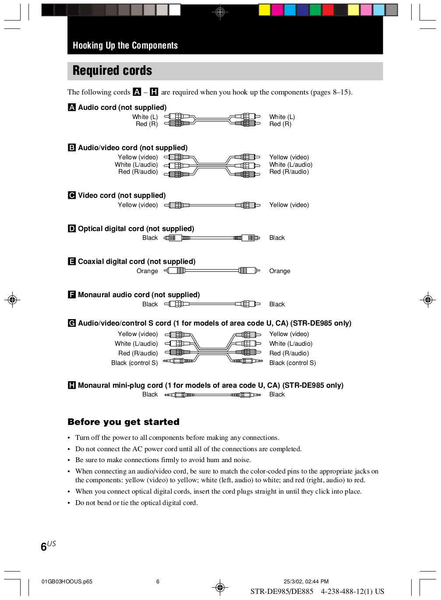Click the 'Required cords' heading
pyautogui.click(x=112, y=71)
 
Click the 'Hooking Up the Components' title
pyautogui.click(x=125, y=46)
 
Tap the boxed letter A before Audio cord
pyautogui.click(x=72, y=107)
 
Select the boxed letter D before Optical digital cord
pyautogui.click(x=72, y=228)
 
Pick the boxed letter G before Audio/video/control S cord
pyautogui.click(x=72, y=323)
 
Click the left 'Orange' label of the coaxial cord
pyautogui.click(x=147, y=271)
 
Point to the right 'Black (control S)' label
pyautogui.click(x=292, y=363)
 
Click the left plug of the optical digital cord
pyautogui.click(x=173, y=238)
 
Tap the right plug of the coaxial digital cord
pyautogui.click(x=249, y=270)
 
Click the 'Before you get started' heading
pyautogui.click(x=123, y=422)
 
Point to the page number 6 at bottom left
pyautogui.click(x=44, y=547)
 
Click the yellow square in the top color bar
pyautogui.click(x=264, y=10)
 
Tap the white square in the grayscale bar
pyautogui.click(x=175, y=10)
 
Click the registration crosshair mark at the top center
pyautogui.click(x=220, y=12)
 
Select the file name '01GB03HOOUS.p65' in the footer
pyautogui.click(x=67, y=582)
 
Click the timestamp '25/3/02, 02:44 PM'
pyautogui.click(x=306, y=582)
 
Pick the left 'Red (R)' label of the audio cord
pyautogui.click(x=146, y=124)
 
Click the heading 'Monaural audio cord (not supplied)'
pyautogui.click(x=138, y=295)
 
